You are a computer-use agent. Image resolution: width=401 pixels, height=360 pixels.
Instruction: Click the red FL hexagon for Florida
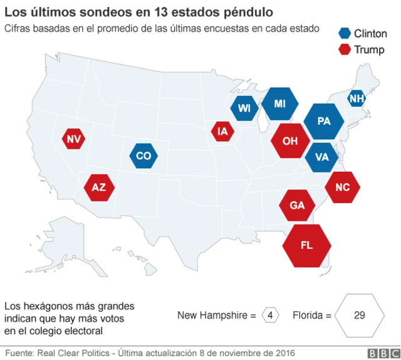(x=306, y=245)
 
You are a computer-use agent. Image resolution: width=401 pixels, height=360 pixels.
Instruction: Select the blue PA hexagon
(x=324, y=122)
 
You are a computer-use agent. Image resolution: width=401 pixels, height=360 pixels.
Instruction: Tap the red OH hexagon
(x=290, y=141)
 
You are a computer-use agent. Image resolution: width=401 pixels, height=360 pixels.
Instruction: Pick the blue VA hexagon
(x=322, y=157)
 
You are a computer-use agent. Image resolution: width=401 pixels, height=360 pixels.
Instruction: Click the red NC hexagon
(x=343, y=187)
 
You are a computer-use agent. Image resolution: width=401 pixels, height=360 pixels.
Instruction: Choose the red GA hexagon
(x=298, y=206)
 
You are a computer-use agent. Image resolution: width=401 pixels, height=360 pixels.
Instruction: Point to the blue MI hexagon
(x=279, y=103)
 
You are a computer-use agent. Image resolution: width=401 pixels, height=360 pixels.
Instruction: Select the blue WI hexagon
(x=244, y=109)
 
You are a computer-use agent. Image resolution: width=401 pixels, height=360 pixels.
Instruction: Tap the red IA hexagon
(x=222, y=132)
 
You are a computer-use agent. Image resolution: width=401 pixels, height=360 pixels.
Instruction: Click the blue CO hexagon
(x=143, y=156)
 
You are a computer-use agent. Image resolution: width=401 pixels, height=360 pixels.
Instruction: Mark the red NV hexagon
(x=74, y=139)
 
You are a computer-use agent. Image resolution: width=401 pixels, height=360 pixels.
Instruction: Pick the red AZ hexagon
(x=99, y=187)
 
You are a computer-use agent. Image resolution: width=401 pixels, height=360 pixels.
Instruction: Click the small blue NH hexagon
(x=357, y=98)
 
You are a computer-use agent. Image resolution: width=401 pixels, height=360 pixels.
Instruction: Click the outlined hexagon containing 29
(x=359, y=315)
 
